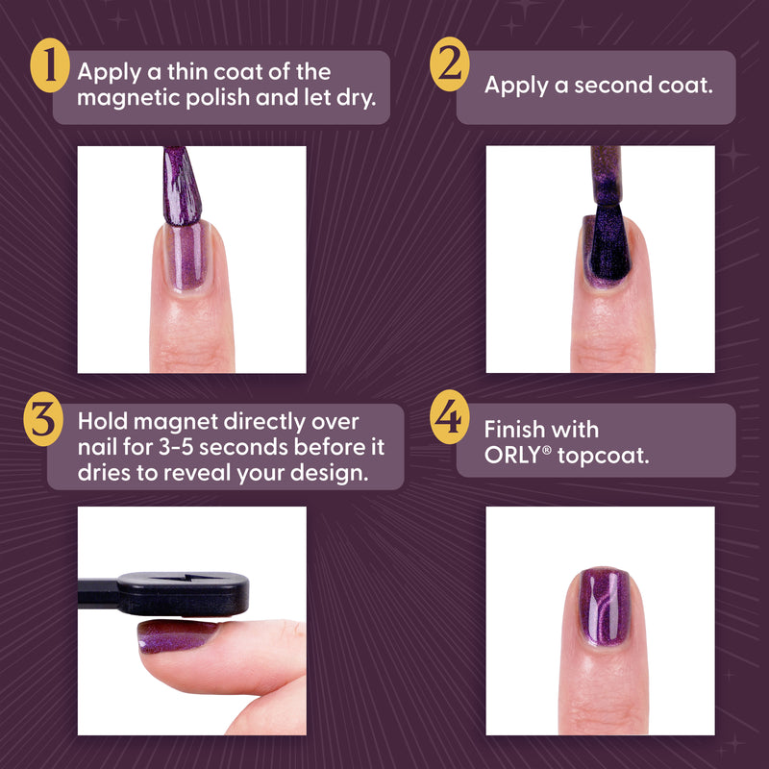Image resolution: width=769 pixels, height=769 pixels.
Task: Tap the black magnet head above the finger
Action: (192, 594)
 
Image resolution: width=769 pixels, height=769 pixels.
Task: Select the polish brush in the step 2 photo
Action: (606, 178)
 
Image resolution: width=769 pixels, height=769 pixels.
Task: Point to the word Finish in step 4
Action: (513, 429)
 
